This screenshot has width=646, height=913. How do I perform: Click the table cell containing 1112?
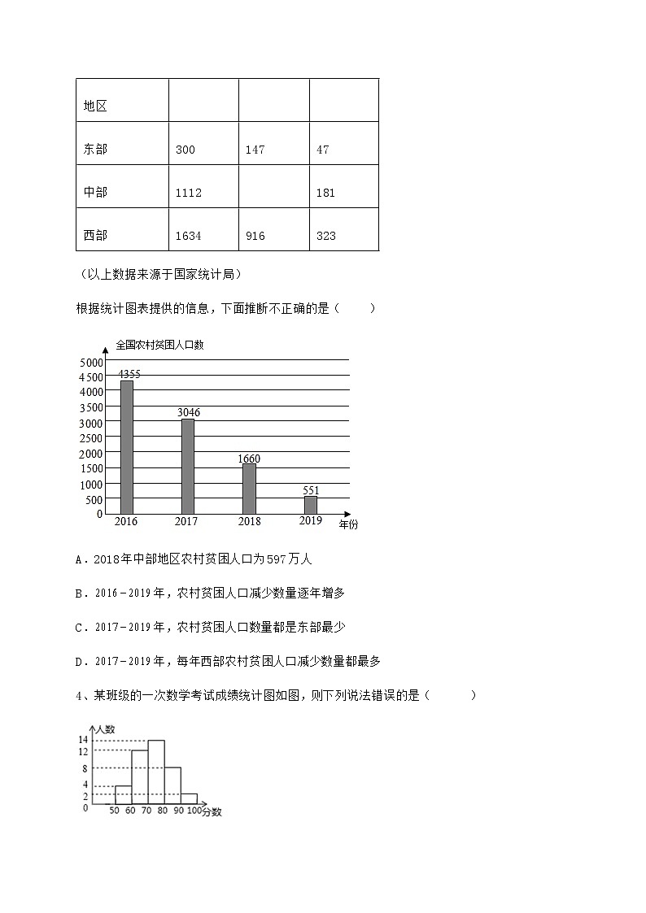[x=189, y=193]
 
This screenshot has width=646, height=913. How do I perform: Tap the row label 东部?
[x=95, y=150]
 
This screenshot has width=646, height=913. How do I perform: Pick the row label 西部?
[x=95, y=236]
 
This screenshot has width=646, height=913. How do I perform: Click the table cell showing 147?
[x=255, y=150]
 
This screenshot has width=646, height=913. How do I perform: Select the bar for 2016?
[x=127, y=447]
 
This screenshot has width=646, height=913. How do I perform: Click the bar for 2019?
[x=310, y=505]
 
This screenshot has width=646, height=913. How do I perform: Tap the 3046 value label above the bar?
[x=188, y=412]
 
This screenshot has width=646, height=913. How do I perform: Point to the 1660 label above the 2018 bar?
[x=249, y=459]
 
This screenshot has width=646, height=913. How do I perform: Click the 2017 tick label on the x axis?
[x=186, y=521]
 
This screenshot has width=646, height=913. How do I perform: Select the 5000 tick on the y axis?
[x=92, y=362]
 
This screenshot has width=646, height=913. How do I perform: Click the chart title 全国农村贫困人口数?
[x=159, y=345]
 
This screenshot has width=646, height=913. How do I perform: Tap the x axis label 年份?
[x=348, y=524]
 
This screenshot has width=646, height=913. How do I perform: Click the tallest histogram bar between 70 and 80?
[x=156, y=773]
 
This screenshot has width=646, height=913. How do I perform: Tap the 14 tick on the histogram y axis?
[x=83, y=740]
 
